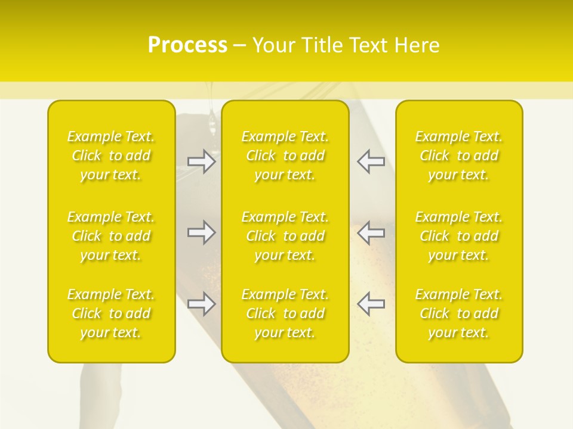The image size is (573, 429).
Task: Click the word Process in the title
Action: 187,45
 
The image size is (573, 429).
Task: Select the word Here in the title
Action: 417,45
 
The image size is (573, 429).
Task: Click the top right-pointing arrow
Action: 202,161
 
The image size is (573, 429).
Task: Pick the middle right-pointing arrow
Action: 202,232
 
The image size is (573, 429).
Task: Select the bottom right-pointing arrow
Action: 202,304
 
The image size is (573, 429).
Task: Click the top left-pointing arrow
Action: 371,161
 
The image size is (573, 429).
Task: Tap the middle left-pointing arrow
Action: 371,232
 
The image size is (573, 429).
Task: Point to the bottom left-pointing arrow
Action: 371,304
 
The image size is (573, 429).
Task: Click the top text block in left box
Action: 111,156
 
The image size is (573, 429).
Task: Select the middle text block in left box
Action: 111,236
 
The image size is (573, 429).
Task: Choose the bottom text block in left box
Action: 111,313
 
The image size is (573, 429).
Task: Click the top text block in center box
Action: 285,156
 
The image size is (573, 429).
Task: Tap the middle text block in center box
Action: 285,236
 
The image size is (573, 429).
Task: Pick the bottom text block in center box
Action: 285,313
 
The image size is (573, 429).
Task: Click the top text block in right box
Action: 459,156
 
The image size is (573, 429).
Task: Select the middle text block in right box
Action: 459,236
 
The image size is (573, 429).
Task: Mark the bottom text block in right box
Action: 459,313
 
